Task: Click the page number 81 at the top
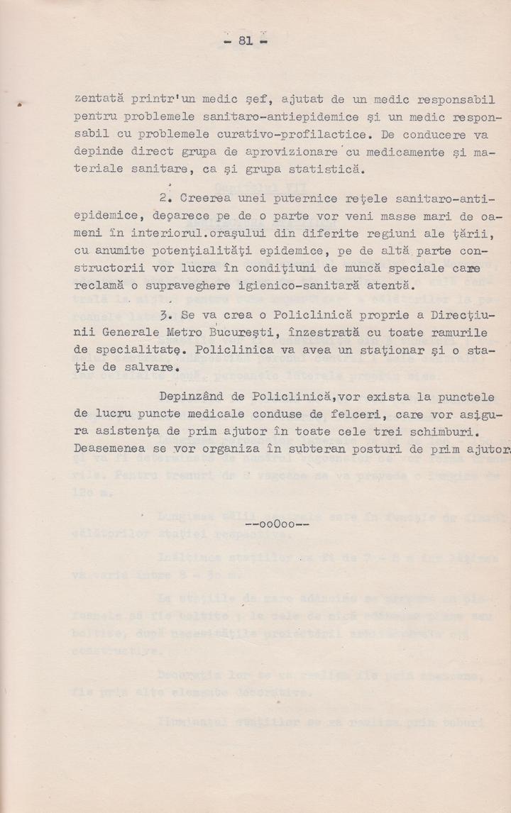point(246,40)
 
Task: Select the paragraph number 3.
point(163,314)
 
